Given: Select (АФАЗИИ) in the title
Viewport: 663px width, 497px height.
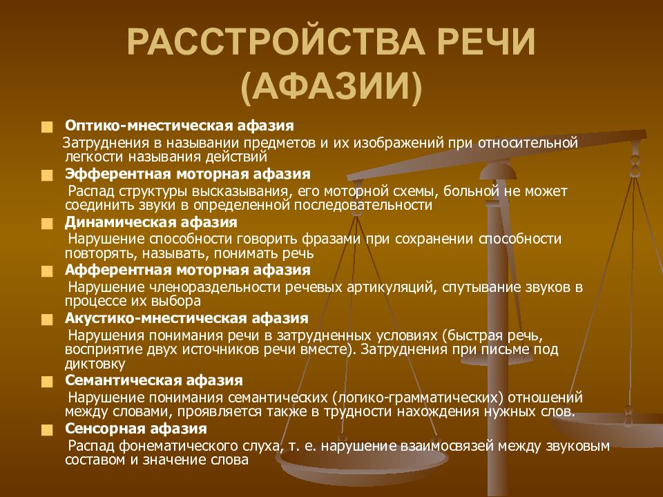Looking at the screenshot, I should (331, 88).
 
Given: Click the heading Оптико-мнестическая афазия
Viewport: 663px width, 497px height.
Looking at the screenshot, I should (180, 126).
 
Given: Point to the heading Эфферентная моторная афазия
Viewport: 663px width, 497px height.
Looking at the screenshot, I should (188, 173).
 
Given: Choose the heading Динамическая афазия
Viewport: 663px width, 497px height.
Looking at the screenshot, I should (151, 222).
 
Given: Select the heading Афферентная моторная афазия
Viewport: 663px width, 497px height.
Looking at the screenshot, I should (188, 270).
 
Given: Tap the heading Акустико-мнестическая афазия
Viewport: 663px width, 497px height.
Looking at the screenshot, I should (186, 318).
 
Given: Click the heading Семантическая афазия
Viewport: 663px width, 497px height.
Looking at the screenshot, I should (154, 380).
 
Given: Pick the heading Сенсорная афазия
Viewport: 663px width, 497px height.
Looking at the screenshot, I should (136, 429).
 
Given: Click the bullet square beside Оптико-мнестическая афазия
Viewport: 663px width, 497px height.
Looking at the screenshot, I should (46, 128).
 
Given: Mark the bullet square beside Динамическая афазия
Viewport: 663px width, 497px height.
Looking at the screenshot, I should (46, 224).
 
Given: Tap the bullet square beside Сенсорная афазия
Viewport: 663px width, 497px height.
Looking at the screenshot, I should (46, 430).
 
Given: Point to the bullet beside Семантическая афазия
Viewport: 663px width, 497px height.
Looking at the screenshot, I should (46, 382).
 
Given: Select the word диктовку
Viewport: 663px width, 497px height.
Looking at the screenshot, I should (95, 364).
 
